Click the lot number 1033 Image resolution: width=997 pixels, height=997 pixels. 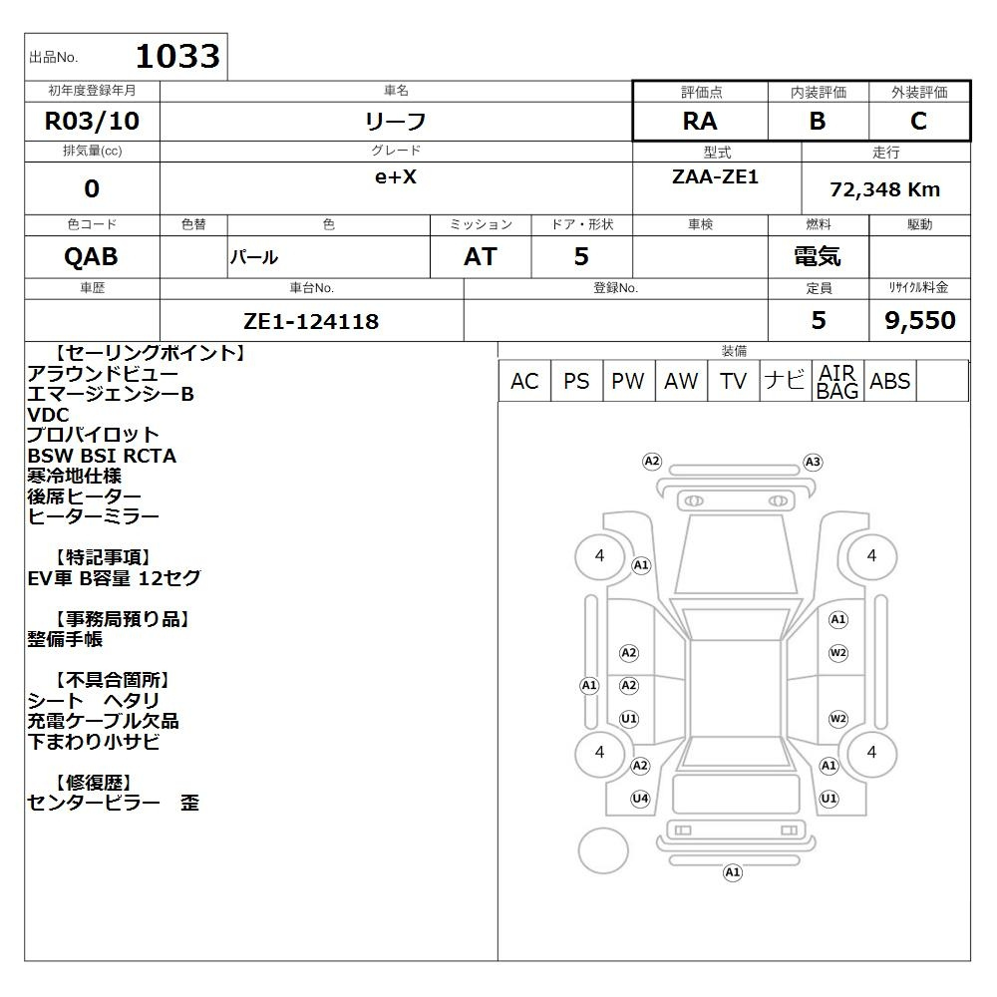pyautogui.click(x=178, y=56)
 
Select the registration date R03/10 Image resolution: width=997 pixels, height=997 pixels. pyautogui.click(x=92, y=121)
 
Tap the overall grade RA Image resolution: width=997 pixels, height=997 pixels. pyautogui.click(x=700, y=121)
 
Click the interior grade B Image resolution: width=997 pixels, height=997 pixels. pyautogui.click(x=818, y=121)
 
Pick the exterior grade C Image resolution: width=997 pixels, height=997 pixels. pyautogui.click(x=918, y=121)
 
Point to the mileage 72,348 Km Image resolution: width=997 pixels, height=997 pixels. pyautogui.click(x=885, y=189)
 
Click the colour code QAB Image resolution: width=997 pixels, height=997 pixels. pyautogui.click(x=91, y=257)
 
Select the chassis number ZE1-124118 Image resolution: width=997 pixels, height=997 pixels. pyautogui.click(x=311, y=321)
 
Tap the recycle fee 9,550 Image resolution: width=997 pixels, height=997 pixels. pyautogui.click(x=920, y=320)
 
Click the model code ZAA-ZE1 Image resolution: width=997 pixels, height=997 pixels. pyautogui.click(x=715, y=176)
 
